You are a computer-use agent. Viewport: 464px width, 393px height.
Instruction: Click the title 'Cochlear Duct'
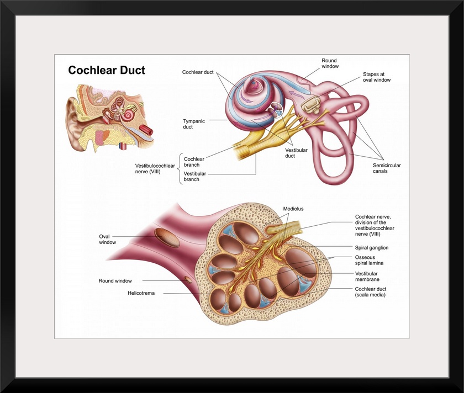click(x=107, y=71)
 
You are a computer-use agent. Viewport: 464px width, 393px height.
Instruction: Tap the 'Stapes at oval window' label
click(x=376, y=77)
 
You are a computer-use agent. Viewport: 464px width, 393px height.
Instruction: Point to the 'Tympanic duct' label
click(x=195, y=124)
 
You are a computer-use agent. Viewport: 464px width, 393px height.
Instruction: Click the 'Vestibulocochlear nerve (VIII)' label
click(x=155, y=168)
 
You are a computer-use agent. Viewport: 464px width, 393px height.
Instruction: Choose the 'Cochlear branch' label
click(x=194, y=161)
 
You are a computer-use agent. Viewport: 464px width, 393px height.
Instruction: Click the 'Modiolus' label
click(x=293, y=209)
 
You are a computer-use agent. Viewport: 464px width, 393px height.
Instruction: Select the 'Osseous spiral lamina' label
click(x=370, y=261)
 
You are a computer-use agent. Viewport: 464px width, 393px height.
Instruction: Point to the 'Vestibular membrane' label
click(x=367, y=276)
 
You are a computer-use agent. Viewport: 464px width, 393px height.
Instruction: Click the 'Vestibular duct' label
click(x=298, y=152)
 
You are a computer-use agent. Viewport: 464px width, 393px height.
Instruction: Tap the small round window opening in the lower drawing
click(x=188, y=280)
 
